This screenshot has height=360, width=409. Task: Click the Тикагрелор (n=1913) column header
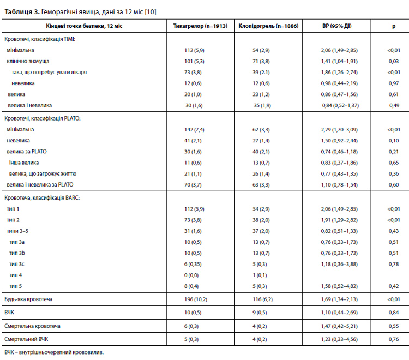200,26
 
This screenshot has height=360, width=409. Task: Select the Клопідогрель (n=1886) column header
268,26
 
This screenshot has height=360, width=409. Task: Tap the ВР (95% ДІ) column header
337,26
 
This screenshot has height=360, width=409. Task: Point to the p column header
394,26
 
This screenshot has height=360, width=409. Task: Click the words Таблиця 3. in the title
22,12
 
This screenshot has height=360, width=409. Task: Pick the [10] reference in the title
151,12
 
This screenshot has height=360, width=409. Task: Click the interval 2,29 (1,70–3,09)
339,130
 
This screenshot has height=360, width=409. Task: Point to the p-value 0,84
394,313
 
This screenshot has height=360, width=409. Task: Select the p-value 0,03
394,61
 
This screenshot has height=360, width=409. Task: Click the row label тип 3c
17,264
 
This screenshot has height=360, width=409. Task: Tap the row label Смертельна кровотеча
32,326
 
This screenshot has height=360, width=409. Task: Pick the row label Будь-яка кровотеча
28,299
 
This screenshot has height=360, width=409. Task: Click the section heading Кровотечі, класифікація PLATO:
42,118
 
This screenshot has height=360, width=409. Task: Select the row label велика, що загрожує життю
43,174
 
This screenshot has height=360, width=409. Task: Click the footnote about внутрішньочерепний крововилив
54,352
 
